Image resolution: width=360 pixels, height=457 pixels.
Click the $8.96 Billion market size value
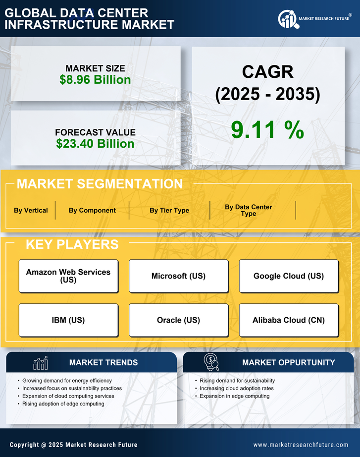(x=96, y=80)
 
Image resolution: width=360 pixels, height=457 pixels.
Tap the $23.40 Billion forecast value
(x=95, y=144)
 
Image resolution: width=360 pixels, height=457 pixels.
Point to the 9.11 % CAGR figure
(x=267, y=130)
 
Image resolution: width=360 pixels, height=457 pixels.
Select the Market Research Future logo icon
(x=287, y=19)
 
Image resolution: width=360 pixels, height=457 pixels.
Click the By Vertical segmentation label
(x=31, y=210)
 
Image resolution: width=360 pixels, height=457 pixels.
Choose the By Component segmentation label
(x=92, y=210)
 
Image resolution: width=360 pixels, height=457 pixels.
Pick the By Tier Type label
(x=169, y=210)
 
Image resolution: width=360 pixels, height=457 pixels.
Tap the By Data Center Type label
(x=249, y=210)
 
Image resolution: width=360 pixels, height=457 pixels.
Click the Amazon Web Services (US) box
(x=68, y=276)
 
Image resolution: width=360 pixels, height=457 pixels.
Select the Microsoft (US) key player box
(x=178, y=276)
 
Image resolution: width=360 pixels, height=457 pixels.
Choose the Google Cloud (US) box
(x=289, y=276)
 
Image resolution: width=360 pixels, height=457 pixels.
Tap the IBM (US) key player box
(x=68, y=320)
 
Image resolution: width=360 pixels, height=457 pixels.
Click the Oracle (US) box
(x=178, y=320)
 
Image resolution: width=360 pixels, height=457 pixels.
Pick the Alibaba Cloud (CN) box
(x=289, y=320)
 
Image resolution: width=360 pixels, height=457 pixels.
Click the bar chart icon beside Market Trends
(x=41, y=363)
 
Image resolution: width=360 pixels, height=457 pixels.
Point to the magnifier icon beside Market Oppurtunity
(x=211, y=362)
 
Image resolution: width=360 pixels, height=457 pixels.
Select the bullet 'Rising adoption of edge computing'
(x=63, y=404)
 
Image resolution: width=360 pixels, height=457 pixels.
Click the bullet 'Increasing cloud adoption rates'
(x=237, y=388)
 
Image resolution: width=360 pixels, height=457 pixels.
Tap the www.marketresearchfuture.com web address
(x=301, y=445)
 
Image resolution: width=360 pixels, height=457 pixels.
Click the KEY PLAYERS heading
(x=72, y=244)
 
